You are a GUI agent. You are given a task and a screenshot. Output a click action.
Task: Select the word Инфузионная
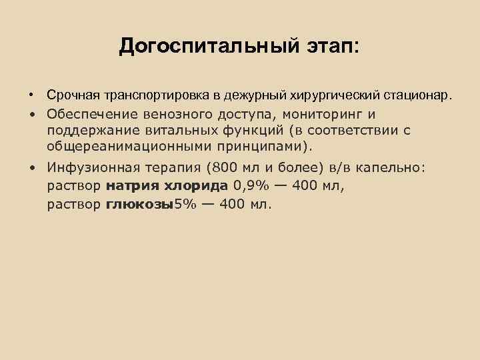(x=90, y=168)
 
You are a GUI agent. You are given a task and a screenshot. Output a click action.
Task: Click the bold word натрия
(x=130, y=185)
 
